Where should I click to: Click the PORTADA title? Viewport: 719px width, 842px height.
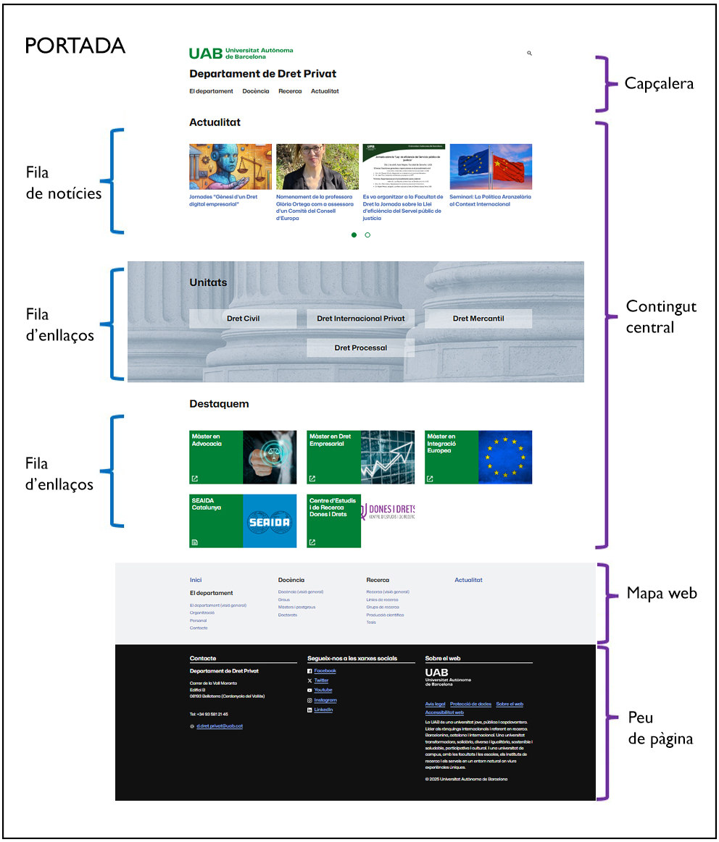[x=75, y=46]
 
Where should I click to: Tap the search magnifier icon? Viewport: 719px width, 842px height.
[x=530, y=54]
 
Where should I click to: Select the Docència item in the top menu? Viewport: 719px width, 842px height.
[x=256, y=91]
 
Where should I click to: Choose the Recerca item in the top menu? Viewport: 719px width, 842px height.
[x=290, y=91]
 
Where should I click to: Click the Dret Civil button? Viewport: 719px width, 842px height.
[x=243, y=319]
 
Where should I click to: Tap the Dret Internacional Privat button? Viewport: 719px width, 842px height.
[x=361, y=319]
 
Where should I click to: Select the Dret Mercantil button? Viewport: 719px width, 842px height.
[x=478, y=319]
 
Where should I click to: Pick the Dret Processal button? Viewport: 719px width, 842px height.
[x=361, y=348]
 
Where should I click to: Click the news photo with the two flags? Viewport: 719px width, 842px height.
[x=491, y=167]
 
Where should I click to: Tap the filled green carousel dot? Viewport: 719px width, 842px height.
[x=354, y=235]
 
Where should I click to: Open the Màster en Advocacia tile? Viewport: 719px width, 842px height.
[x=243, y=457]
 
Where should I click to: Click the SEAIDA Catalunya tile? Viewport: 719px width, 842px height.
[x=243, y=521]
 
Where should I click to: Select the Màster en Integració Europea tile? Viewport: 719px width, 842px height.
[x=478, y=457]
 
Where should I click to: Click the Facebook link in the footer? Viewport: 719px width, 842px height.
[x=325, y=671]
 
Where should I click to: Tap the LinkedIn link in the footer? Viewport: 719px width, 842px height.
[x=323, y=710]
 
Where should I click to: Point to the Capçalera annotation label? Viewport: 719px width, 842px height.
[x=659, y=83]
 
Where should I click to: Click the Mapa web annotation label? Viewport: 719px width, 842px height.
[x=662, y=594]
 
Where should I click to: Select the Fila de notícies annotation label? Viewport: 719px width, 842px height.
[x=64, y=183]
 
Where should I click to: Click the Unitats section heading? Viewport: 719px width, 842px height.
[x=208, y=282]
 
